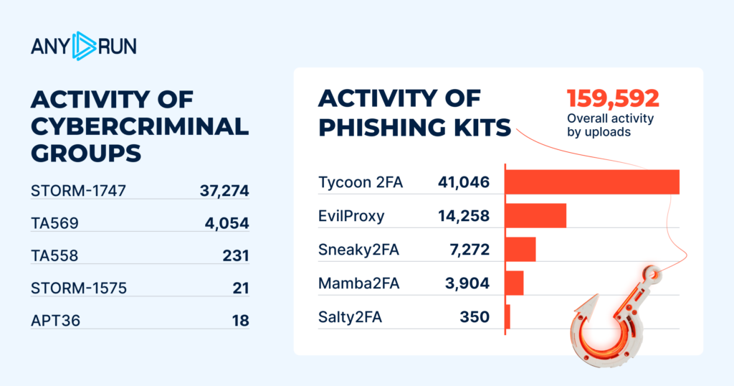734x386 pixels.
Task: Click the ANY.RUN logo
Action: click(83, 46)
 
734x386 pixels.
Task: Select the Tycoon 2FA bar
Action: click(591, 182)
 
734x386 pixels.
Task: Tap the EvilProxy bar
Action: click(535, 215)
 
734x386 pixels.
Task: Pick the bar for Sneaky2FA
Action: click(520, 249)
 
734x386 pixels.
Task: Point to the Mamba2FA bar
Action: click(514, 283)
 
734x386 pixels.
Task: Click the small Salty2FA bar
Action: click(507, 316)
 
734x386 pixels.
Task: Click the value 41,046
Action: click(463, 183)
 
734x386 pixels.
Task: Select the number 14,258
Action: click(463, 216)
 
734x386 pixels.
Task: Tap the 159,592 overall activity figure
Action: click(613, 98)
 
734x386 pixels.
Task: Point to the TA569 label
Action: click(54, 223)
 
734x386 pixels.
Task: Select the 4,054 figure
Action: click(227, 223)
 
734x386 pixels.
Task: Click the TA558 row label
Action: click(54, 256)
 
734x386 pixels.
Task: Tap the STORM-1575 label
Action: click(79, 288)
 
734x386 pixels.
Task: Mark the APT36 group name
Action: click(54, 321)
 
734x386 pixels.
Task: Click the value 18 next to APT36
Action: click(240, 321)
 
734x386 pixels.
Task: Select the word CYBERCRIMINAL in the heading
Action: click(140, 126)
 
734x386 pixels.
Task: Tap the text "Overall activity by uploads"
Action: click(610, 126)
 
